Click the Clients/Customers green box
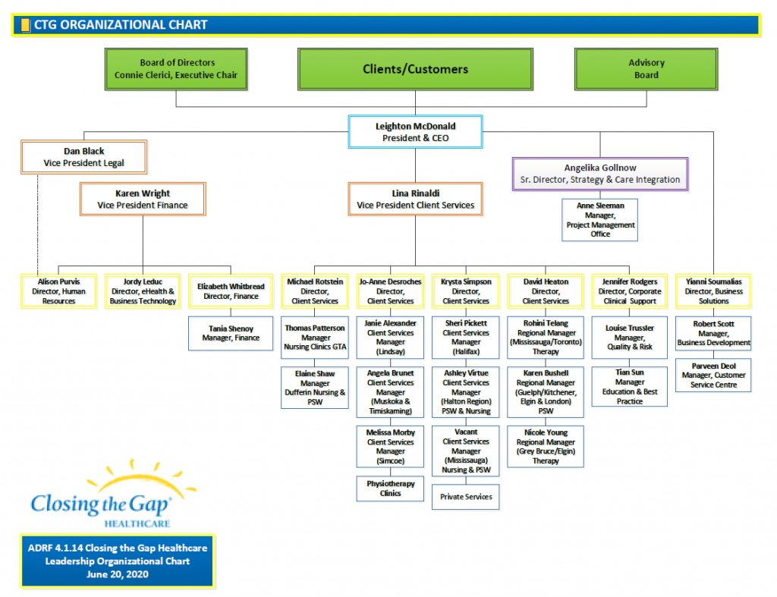pyautogui.click(x=415, y=69)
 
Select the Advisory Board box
pyautogui.click(x=646, y=69)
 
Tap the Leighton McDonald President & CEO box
pyautogui.click(x=414, y=132)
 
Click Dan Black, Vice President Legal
pyautogui.click(x=83, y=157)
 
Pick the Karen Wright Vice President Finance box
pyautogui.click(x=143, y=199)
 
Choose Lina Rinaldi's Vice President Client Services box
pyautogui.click(x=415, y=200)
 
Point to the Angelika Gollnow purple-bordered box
pyautogui.click(x=599, y=174)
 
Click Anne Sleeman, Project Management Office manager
pyautogui.click(x=599, y=220)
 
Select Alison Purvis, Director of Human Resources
pyautogui.click(x=59, y=291)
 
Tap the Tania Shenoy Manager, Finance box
pyautogui.click(x=231, y=333)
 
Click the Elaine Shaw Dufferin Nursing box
pyautogui.click(x=314, y=387)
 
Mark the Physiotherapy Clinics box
pyautogui.click(x=391, y=489)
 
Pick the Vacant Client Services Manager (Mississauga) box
pyautogui.click(x=466, y=451)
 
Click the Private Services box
pyautogui.click(x=466, y=497)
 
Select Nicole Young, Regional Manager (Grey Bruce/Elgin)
pyautogui.click(x=546, y=446)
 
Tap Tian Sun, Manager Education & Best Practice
pyautogui.click(x=630, y=387)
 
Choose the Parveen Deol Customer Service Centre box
pyautogui.click(x=713, y=375)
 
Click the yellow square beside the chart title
pyautogui.click(x=25, y=25)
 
